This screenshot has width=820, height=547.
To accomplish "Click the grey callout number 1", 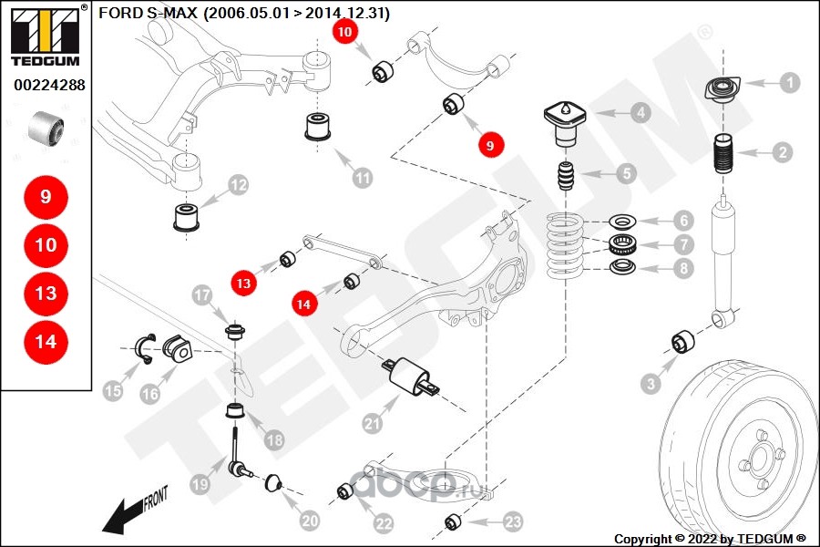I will pyautogui.click(x=789, y=83).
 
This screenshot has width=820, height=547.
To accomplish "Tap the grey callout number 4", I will pyautogui.click(x=641, y=113).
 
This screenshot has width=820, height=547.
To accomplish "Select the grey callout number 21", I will pyautogui.click(x=371, y=423).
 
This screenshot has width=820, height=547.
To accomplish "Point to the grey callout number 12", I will pyautogui.click(x=237, y=186).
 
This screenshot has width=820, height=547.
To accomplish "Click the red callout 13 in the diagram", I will pyautogui.click(x=243, y=284).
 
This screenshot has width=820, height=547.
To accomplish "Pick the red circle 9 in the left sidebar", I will pyautogui.click(x=46, y=197).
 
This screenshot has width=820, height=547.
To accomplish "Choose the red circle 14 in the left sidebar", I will pyautogui.click(x=46, y=342).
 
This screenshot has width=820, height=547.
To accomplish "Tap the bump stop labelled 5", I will pyautogui.click(x=566, y=176).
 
